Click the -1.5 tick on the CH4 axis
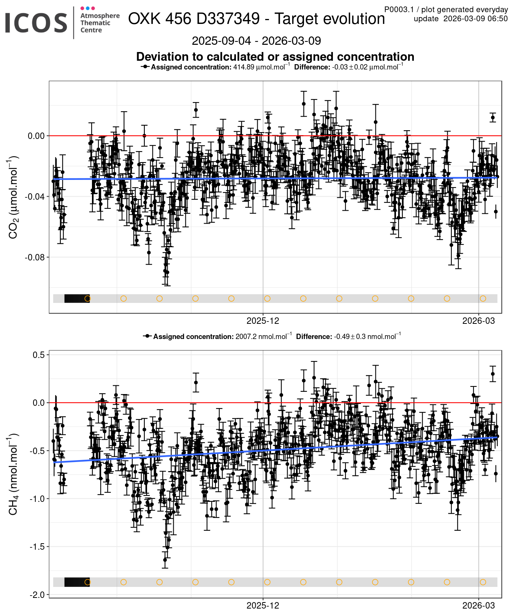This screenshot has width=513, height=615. tap(38, 547)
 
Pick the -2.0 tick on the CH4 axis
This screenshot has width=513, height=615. tap(38, 594)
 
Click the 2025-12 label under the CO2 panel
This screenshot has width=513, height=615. tap(263, 321)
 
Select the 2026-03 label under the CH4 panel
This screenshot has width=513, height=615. tap(478, 606)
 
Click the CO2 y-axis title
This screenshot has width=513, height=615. tap(13, 197)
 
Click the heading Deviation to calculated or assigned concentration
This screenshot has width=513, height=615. tap(275, 57)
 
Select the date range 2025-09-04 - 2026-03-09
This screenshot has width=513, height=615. tap(256, 41)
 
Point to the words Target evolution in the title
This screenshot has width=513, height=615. tap(330, 19)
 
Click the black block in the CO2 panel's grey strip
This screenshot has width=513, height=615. tap(76, 298)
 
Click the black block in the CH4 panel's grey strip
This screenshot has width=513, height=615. tap(76, 582)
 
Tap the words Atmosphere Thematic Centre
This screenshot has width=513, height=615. tap(100, 23)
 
